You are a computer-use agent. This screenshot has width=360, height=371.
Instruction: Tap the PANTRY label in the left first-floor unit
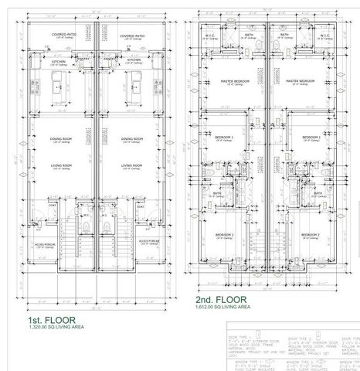tap(85, 59)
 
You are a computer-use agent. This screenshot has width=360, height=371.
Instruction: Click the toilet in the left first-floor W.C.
tap(87, 224)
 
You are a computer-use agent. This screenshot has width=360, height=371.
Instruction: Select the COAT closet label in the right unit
tap(141, 206)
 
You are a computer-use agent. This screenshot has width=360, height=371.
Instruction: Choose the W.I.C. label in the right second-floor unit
tap(317, 35)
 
